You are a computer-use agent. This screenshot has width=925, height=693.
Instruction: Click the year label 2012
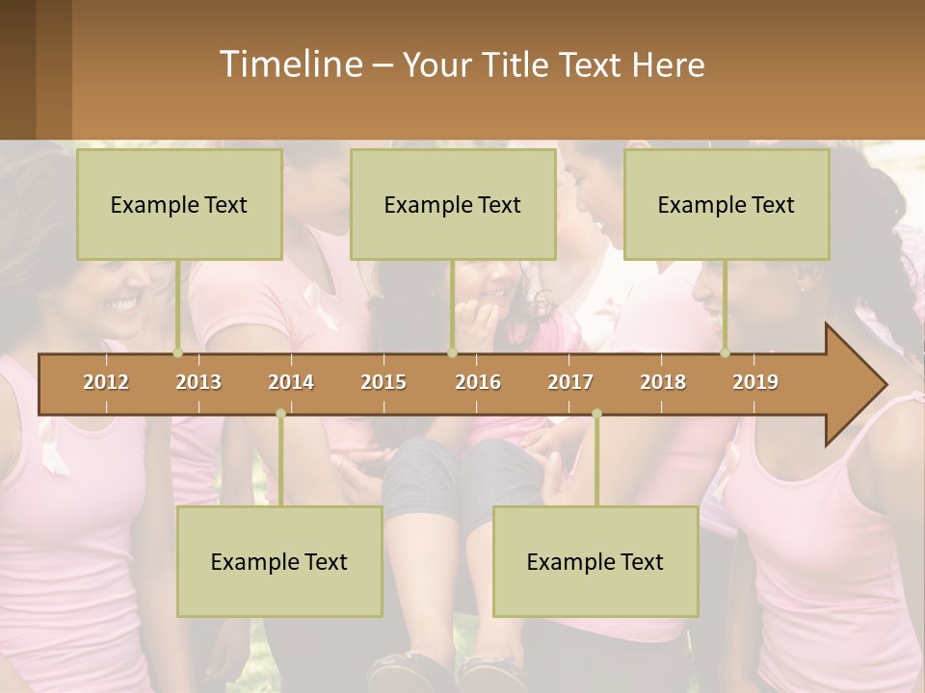(106, 382)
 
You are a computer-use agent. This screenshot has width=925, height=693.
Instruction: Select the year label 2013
(198, 382)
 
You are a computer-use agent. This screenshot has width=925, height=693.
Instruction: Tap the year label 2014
(291, 382)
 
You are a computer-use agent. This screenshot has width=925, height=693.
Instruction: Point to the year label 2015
(383, 382)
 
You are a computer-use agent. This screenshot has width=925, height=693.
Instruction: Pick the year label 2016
(478, 382)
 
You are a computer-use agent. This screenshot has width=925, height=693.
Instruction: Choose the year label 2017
(570, 382)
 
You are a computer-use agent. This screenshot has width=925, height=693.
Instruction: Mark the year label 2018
(663, 382)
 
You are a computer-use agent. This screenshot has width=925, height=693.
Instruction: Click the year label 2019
(755, 382)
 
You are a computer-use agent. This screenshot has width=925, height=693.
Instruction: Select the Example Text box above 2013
(179, 204)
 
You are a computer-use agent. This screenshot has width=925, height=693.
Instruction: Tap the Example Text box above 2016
(453, 204)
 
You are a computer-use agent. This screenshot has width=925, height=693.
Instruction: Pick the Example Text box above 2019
(727, 204)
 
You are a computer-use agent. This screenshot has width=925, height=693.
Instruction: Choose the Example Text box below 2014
(279, 561)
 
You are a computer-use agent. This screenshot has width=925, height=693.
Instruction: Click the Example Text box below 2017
(595, 561)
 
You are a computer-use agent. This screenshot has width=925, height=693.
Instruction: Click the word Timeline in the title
(288, 64)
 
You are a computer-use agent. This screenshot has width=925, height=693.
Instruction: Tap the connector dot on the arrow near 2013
(178, 353)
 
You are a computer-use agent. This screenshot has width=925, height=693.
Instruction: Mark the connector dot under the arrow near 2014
(280, 414)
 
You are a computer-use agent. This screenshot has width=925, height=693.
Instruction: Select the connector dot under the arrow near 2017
(596, 414)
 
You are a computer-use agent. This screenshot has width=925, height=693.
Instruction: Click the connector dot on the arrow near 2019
(726, 353)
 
